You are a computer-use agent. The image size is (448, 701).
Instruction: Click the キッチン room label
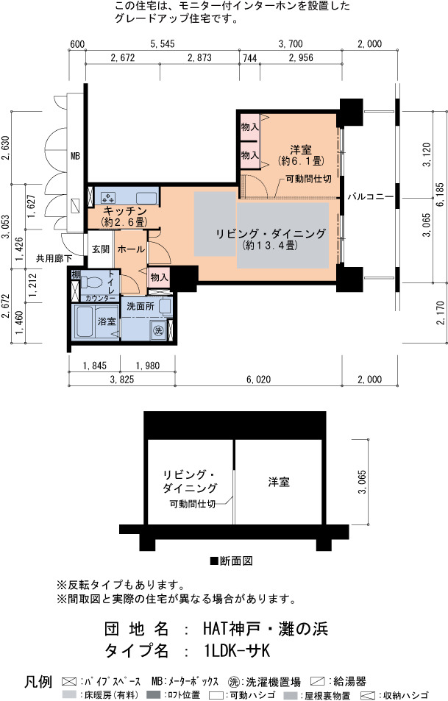point(125,211)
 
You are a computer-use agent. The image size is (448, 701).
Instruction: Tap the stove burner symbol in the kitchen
point(108,197)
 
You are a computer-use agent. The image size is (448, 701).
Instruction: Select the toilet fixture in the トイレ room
point(90,283)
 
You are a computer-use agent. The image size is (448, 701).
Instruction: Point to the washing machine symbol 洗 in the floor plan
point(158,331)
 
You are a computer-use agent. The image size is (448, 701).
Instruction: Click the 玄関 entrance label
point(101,249)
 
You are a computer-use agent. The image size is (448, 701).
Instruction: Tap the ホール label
point(131,249)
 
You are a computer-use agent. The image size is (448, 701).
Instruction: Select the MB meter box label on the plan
point(75,156)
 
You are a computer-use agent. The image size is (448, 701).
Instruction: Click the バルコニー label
point(370,196)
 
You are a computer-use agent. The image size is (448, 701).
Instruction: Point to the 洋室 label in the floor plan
point(300,150)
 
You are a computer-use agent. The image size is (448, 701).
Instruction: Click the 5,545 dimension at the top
point(163,44)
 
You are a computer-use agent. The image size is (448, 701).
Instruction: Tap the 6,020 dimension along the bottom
point(258,380)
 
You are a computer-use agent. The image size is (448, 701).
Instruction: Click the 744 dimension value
point(250,57)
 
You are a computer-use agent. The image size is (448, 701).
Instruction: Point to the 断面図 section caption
point(232,561)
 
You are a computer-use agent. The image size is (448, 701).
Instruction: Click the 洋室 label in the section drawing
point(279,482)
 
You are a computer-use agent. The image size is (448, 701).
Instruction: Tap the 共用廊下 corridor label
point(54,258)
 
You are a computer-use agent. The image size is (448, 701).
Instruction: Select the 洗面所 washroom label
point(141,306)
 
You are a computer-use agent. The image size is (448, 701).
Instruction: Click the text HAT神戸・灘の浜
point(266,628)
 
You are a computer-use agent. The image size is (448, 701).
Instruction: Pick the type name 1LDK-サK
point(237,650)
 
